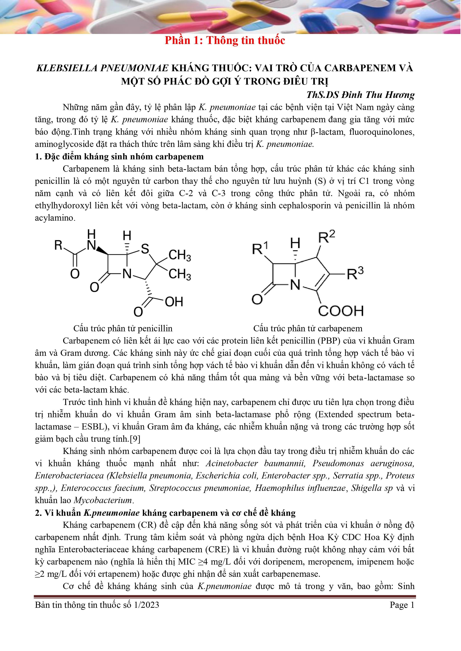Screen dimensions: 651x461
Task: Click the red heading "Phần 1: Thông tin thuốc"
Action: (225, 41)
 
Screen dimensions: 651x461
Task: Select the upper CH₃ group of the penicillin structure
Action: (179, 256)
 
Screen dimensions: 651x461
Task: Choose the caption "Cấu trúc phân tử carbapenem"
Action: (308, 329)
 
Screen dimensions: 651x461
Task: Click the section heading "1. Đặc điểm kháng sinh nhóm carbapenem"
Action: (119, 157)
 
